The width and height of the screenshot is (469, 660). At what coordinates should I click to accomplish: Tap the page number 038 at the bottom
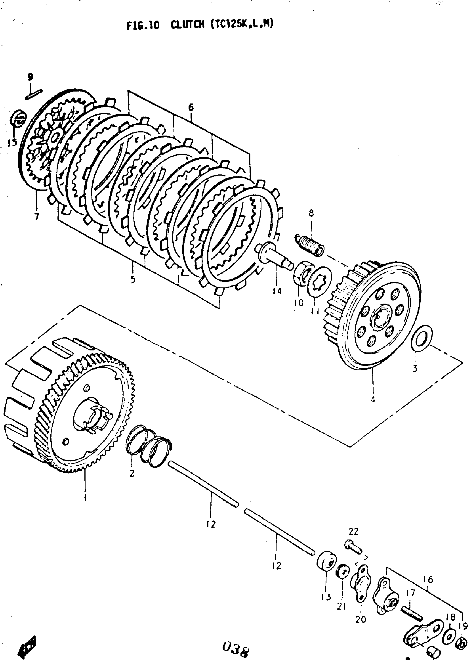point(236,649)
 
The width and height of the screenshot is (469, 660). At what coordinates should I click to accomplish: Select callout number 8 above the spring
point(311,213)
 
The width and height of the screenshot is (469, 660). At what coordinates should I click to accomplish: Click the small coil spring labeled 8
point(310,245)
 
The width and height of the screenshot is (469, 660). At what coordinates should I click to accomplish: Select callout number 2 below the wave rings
point(132,473)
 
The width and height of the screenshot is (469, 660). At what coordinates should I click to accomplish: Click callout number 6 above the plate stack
point(191,107)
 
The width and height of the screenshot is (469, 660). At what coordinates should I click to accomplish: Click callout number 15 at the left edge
point(12,142)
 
